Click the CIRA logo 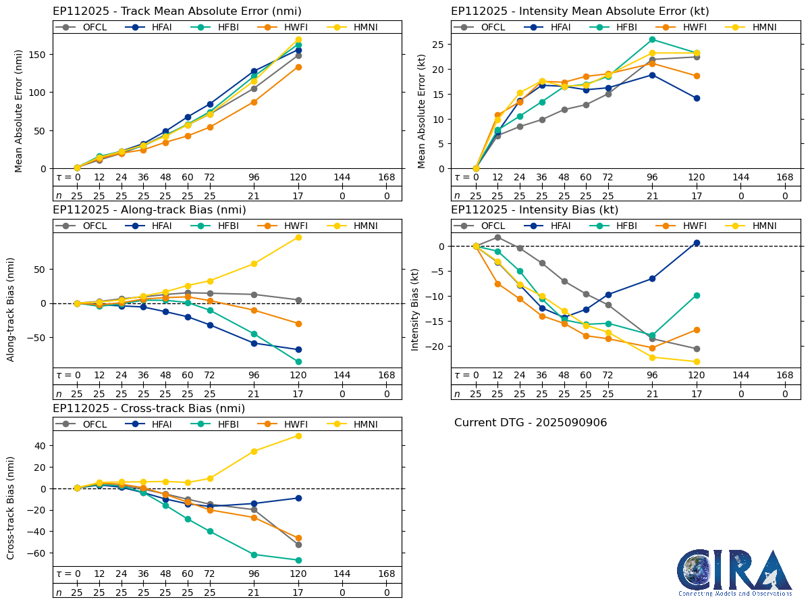pyautogui.click(x=734, y=573)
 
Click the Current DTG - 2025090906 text pyautogui.click(x=531, y=423)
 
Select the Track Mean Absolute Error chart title pyautogui.click(x=177, y=11)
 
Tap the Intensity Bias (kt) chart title pyautogui.click(x=535, y=210)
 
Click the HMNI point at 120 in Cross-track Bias pyautogui.click(x=298, y=436)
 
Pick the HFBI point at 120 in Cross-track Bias pyautogui.click(x=298, y=560)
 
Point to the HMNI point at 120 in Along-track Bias pyautogui.click(x=298, y=237)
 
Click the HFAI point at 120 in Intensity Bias pyautogui.click(x=697, y=243)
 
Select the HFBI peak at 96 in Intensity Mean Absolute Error pyautogui.click(x=652, y=39)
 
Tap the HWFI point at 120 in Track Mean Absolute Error pyautogui.click(x=298, y=67)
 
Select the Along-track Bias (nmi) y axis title pyautogui.click(x=11, y=309)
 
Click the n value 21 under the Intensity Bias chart pyautogui.click(x=652, y=394)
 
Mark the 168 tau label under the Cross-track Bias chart pyautogui.click(x=387, y=574)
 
